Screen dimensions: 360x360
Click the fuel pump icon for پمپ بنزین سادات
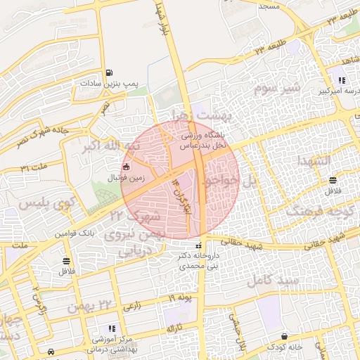point(108,73)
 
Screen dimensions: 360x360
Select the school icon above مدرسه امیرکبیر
point(342,79)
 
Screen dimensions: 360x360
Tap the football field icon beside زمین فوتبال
point(126,167)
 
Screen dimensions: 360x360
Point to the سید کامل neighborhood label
point(273,280)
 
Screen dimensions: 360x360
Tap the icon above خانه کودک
point(284,335)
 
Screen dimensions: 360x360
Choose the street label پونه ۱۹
point(180,299)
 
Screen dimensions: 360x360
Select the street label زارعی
point(131,307)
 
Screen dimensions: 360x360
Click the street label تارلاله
point(174,328)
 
